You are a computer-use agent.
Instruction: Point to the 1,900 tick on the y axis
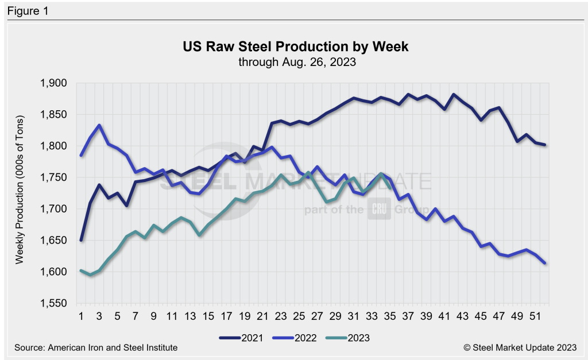55,84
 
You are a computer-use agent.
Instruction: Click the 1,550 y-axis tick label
55,304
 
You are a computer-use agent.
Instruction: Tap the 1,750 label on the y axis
55,178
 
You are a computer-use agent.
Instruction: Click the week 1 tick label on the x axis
81,315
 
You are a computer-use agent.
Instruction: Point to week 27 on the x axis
318,315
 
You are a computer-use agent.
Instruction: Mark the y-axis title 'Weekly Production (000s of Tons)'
20,193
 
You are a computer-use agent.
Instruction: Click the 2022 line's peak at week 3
99,125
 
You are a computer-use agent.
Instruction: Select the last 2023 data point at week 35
390,188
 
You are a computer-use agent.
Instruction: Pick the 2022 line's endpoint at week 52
545,264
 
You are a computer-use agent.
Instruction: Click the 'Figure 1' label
27,10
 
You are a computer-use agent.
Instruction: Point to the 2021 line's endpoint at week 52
545,145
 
